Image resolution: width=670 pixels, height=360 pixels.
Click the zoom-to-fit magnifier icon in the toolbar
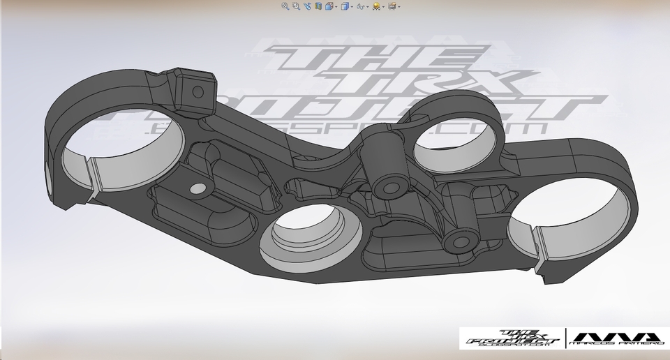(x=285, y=6)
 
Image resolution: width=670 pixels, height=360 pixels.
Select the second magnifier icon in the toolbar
(x=296, y=6)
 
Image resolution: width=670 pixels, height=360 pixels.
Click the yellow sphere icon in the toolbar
(x=376, y=6)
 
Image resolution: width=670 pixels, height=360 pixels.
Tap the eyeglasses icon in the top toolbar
(x=360, y=6)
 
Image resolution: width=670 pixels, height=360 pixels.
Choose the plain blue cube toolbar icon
(x=344, y=6)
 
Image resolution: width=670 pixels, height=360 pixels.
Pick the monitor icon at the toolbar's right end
(x=392, y=6)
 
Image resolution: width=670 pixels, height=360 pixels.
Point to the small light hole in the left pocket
(x=198, y=188)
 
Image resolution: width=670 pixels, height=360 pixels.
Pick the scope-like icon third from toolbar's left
(x=307, y=6)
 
